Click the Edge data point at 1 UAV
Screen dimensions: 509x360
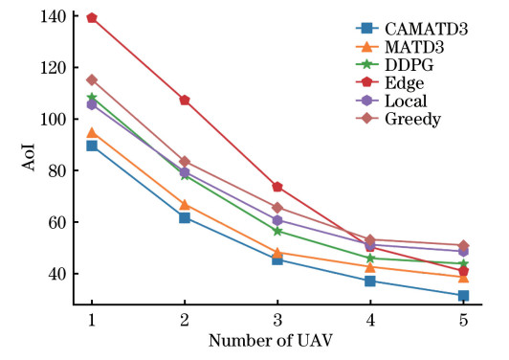point(92,18)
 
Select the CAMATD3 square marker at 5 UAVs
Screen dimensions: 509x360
point(463,296)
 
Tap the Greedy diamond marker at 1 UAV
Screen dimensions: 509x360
point(92,79)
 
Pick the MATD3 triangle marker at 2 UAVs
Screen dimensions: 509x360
point(185,205)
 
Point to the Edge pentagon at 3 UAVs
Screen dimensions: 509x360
point(277,187)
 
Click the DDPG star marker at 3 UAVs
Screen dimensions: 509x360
point(277,232)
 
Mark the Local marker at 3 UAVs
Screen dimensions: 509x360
point(277,220)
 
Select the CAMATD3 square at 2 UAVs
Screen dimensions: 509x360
point(185,217)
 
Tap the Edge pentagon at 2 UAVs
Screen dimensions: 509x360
point(185,101)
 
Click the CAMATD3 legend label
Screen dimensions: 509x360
point(426,29)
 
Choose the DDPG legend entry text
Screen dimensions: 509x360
point(409,65)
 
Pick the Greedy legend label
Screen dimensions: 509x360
point(412,120)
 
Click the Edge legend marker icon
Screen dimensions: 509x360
point(366,82)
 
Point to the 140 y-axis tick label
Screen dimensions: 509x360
point(54,16)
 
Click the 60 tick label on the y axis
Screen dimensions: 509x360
point(57,222)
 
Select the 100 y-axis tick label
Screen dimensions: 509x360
point(54,120)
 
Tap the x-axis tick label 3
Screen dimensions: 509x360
point(277,321)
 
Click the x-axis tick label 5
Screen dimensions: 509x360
point(463,321)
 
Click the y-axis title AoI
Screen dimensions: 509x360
point(29,157)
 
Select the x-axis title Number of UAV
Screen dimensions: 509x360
point(271,341)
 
